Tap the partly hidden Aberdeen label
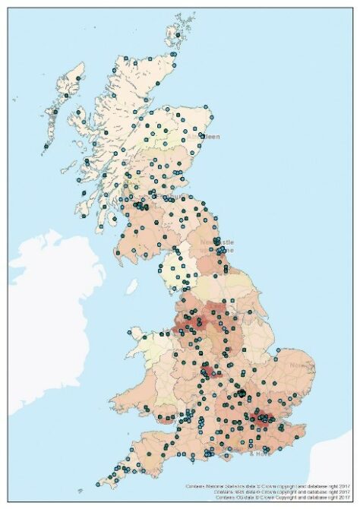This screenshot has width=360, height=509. pos(210,137)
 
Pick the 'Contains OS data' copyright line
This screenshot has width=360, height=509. pos(273,498)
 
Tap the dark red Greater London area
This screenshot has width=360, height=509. pos(264,417)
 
